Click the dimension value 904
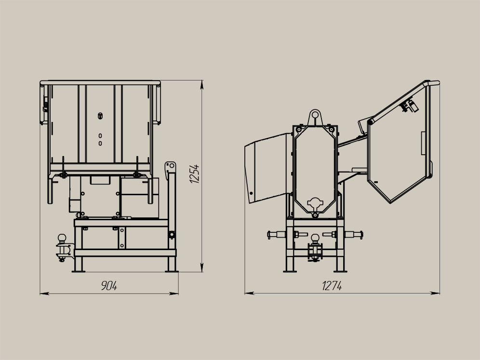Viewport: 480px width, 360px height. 109,286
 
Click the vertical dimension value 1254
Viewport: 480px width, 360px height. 194,174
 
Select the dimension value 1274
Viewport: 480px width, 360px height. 332,286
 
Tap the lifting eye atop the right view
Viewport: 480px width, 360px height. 315,117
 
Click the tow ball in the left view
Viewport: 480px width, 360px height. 62,238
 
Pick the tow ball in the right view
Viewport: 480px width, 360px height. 315,238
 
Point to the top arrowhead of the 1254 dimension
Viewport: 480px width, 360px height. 201,85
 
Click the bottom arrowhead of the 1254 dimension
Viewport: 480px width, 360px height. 201,267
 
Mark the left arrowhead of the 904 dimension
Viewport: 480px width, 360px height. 44,293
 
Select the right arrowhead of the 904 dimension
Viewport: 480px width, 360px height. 174,293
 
